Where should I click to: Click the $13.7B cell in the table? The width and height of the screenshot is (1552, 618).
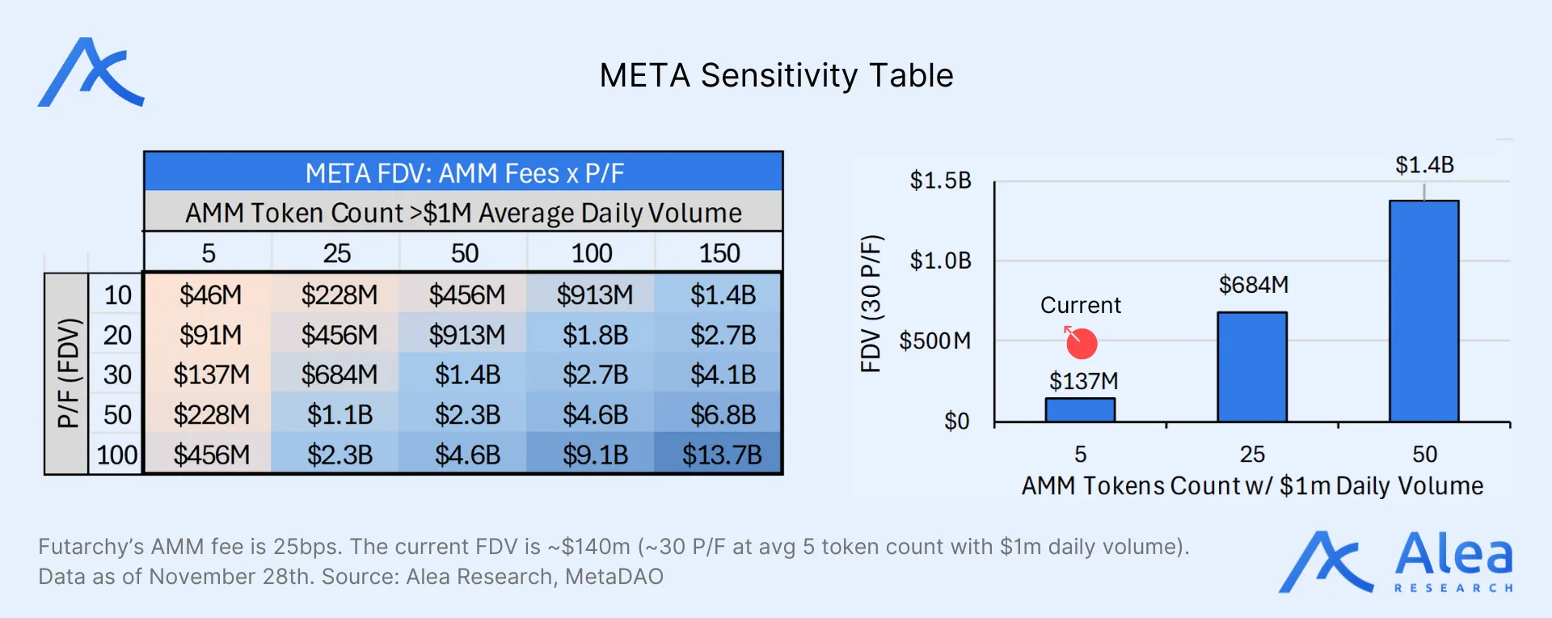[721, 455]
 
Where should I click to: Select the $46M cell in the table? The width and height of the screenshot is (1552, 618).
[210, 295]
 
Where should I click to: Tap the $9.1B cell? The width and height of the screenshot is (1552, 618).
[595, 455]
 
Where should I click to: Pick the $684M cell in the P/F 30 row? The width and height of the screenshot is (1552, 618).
[339, 375]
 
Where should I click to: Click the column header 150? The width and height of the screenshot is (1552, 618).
[719, 253]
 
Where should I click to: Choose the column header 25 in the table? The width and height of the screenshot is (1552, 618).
[337, 253]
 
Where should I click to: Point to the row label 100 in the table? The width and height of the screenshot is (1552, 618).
[117, 455]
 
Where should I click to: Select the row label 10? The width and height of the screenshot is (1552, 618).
[117, 295]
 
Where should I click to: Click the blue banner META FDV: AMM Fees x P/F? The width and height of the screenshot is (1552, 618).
[464, 173]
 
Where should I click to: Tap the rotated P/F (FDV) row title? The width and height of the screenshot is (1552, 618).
[68, 373]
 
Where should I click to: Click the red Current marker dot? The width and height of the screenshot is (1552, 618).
[1082, 344]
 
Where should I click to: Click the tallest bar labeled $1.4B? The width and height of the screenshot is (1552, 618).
[1423, 311]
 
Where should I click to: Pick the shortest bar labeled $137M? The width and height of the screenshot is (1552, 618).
[1080, 409]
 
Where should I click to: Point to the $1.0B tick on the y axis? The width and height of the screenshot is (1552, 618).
[940, 260]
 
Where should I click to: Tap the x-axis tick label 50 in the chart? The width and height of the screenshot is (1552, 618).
[1424, 454]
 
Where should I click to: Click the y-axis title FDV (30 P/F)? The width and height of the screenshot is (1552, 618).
[871, 303]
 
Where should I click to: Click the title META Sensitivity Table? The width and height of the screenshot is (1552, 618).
[776, 75]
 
